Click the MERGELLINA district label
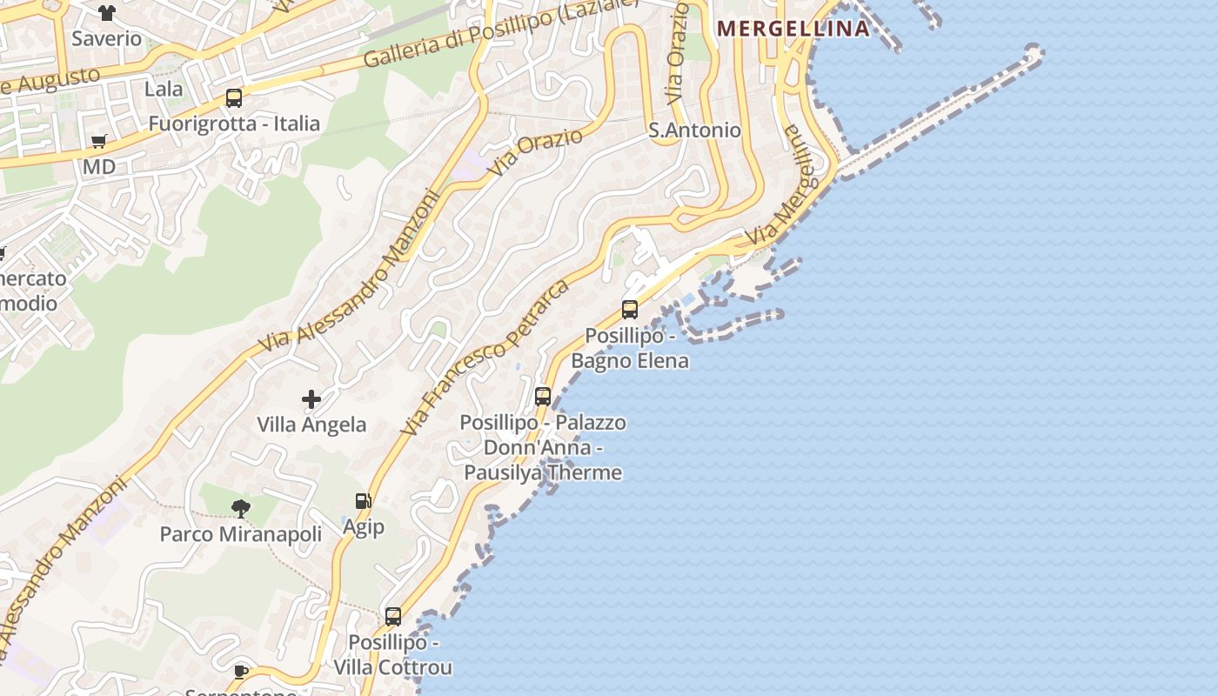793,29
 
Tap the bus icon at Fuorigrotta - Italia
234,98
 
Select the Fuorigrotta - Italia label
234,124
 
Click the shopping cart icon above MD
99,141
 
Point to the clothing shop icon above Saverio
106,13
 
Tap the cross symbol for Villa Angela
311,399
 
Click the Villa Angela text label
311,425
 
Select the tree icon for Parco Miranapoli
241,508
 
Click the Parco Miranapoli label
241,533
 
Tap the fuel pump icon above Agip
363,501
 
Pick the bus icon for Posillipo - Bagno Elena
630,310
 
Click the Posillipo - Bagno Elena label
630,348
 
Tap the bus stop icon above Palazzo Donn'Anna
543,397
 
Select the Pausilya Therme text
543,472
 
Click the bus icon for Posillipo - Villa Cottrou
393,617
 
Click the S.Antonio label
695,130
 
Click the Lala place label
164,89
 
